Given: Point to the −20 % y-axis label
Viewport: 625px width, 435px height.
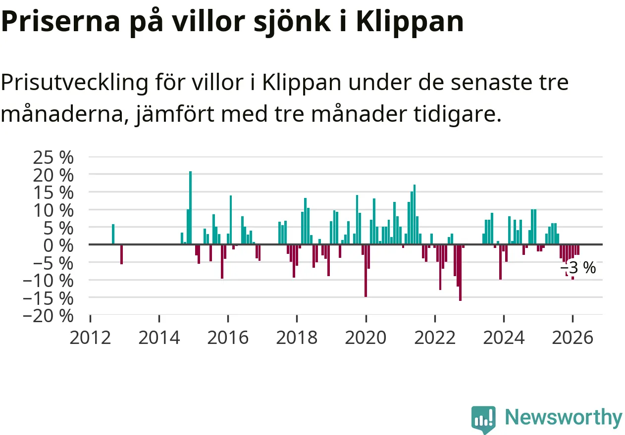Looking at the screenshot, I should (x=52, y=315).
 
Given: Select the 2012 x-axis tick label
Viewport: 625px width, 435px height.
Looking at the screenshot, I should (x=90, y=338).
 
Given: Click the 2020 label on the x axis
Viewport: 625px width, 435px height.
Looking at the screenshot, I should (x=366, y=338).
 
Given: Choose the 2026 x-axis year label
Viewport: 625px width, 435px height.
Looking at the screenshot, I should (x=573, y=338).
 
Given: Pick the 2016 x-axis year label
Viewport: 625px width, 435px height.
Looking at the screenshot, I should (x=228, y=338).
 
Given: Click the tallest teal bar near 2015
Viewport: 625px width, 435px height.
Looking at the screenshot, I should (x=190, y=208).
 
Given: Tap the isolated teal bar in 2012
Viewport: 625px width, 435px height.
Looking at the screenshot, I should (x=113, y=234).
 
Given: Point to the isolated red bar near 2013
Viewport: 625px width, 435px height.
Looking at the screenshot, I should (x=121, y=254).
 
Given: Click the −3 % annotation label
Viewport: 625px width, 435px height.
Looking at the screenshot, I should (x=578, y=268).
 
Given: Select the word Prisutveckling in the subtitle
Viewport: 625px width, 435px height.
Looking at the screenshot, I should (x=74, y=83).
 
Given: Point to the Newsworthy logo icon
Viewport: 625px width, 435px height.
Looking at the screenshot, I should (x=483, y=419).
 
